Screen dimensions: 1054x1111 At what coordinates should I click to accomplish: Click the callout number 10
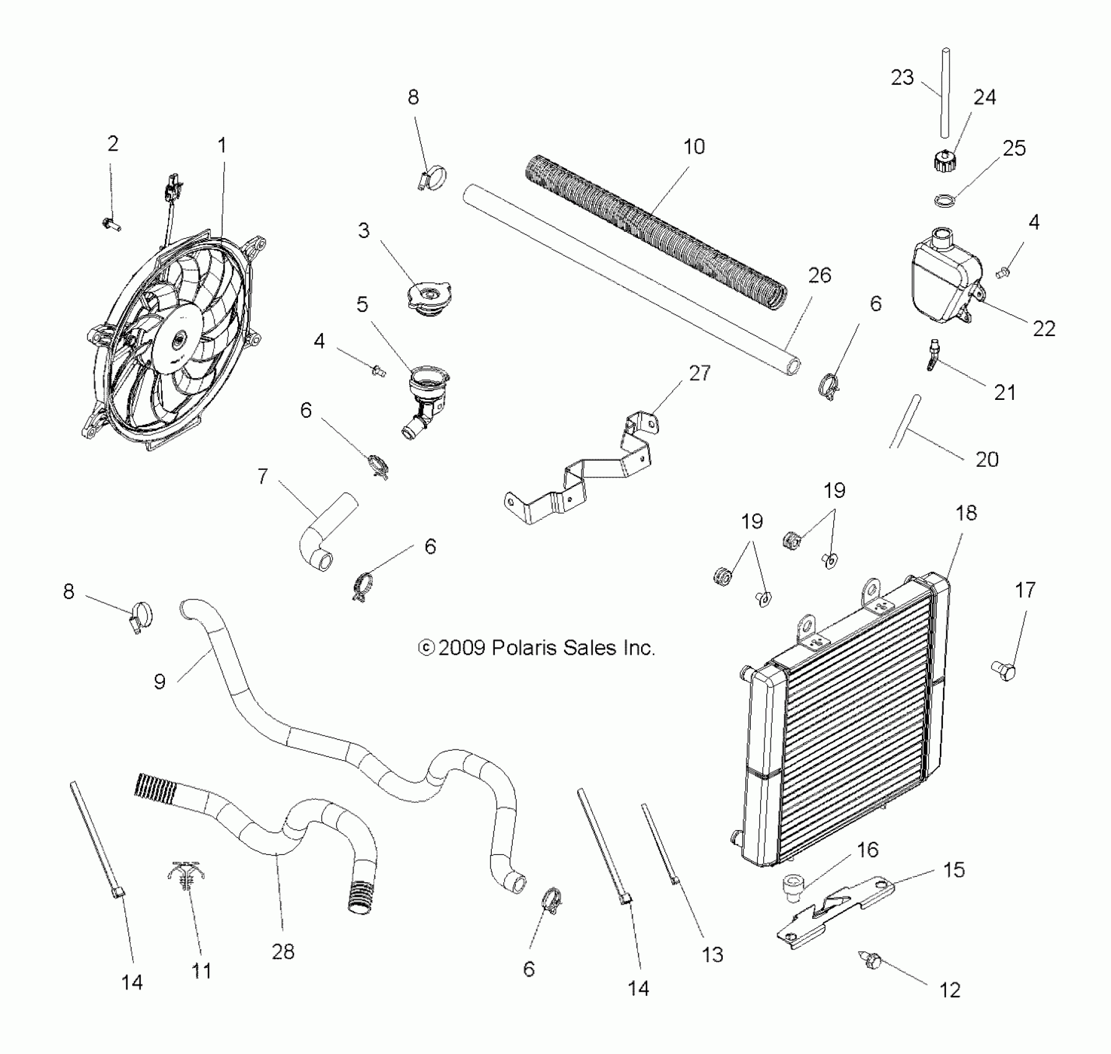coord(694,147)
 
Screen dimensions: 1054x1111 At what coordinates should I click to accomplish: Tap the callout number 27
coord(699,373)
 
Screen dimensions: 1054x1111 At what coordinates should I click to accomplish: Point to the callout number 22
coord(1044,329)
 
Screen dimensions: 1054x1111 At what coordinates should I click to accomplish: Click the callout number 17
coord(1025,590)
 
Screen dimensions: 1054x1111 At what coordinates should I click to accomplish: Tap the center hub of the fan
coord(180,339)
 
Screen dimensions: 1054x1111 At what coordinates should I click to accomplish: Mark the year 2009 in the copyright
coord(461,648)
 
